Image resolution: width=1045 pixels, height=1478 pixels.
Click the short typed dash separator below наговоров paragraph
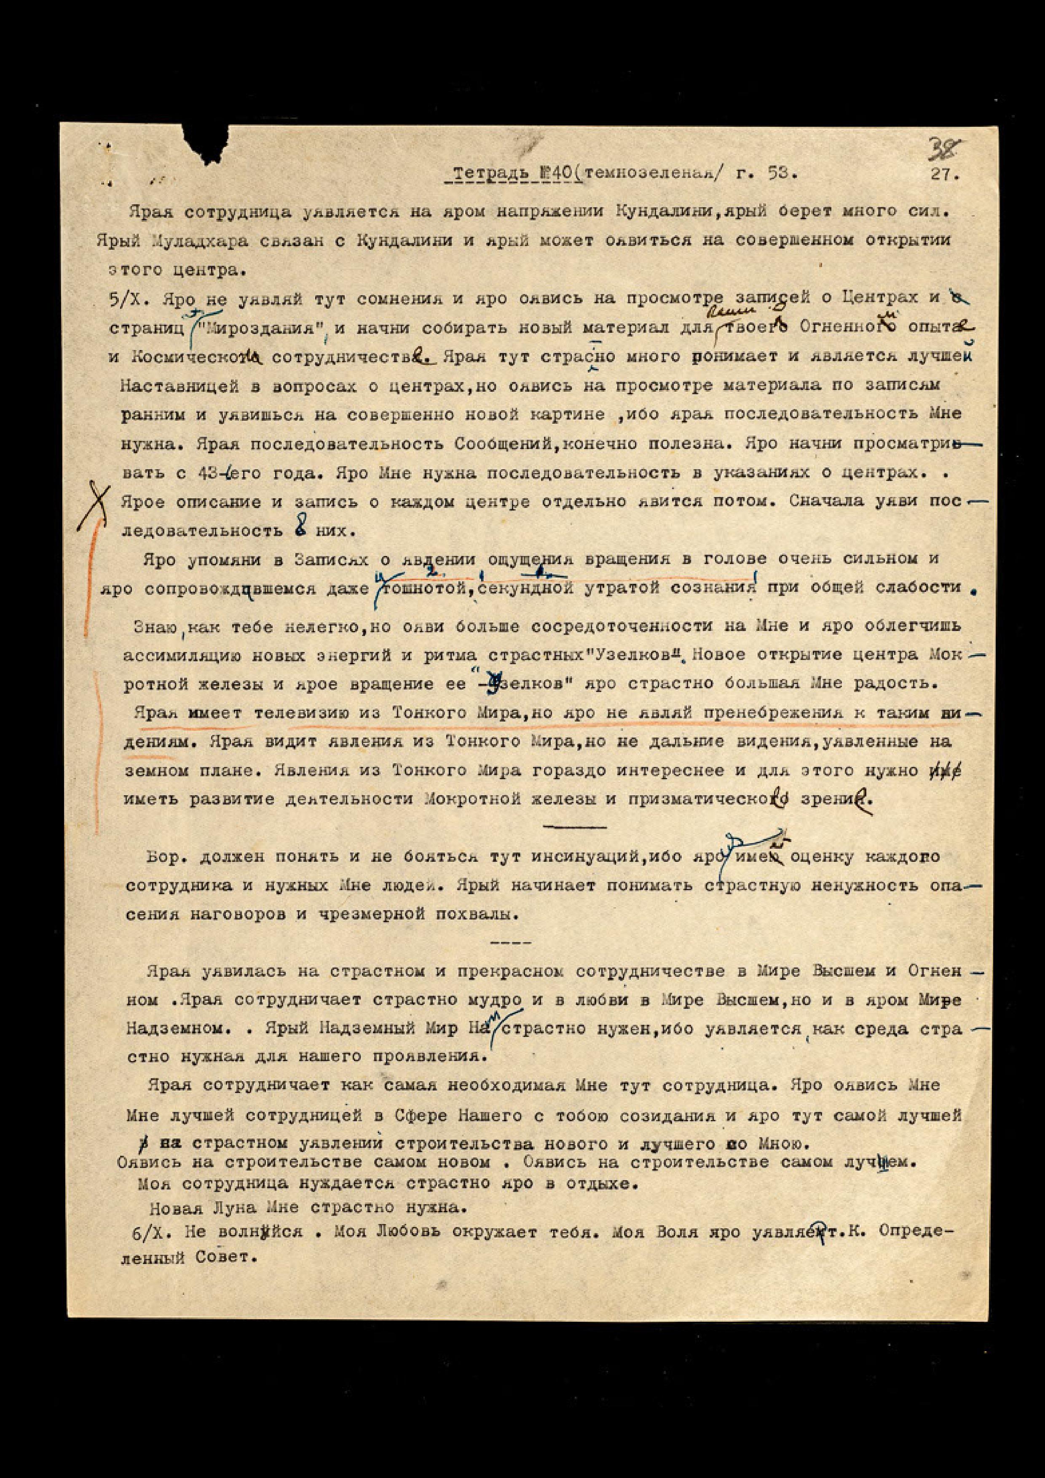pyautogui.click(x=511, y=942)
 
